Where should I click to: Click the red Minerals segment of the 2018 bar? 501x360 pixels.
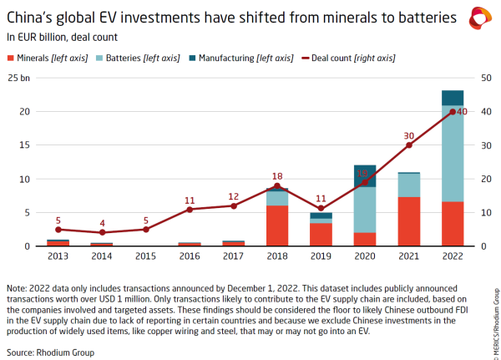tap(277, 226)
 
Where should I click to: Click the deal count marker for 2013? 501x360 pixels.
tap(58, 229)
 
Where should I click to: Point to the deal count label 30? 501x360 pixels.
tap(408, 136)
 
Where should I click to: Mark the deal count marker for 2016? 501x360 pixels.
tap(190, 209)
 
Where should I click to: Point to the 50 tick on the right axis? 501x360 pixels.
tap(481, 78)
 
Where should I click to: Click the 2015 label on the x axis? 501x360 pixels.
tap(145, 256)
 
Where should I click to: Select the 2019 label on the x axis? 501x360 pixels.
tap(321, 256)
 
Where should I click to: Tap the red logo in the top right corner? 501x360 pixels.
tap(481, 16)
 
